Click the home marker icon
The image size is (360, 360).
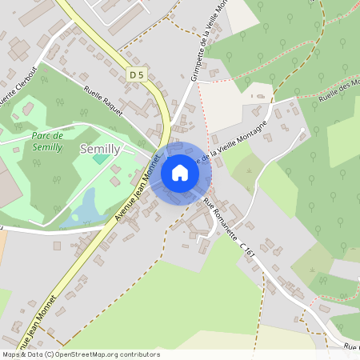click(x=180, y=172)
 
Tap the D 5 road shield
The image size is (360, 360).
click(x=137, y=75)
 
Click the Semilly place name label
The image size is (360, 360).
click(x=100, y=150)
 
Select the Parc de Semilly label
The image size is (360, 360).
click(x=47, y=142)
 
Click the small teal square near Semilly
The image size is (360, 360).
click(x=99, y=158)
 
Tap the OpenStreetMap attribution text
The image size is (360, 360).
click(x=80, y=354)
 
